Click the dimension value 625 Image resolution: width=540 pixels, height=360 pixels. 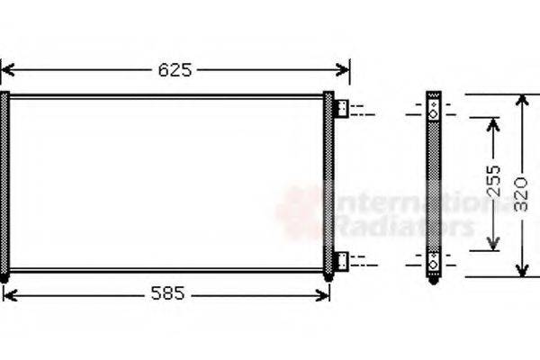[175, 69]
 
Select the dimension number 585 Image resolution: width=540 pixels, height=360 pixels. [166, 293]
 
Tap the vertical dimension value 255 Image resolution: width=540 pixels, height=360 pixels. [491, 184]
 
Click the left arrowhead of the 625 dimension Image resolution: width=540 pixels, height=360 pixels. [7, 69]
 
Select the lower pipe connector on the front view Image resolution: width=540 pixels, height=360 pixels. [342, 261]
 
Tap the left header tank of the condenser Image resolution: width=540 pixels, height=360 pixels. [4, 184]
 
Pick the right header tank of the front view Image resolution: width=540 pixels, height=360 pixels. [328, 184]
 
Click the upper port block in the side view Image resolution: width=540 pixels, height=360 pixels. [435, 109]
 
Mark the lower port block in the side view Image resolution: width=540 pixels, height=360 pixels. [435, 261]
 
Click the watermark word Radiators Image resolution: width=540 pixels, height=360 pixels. [405, 225]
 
